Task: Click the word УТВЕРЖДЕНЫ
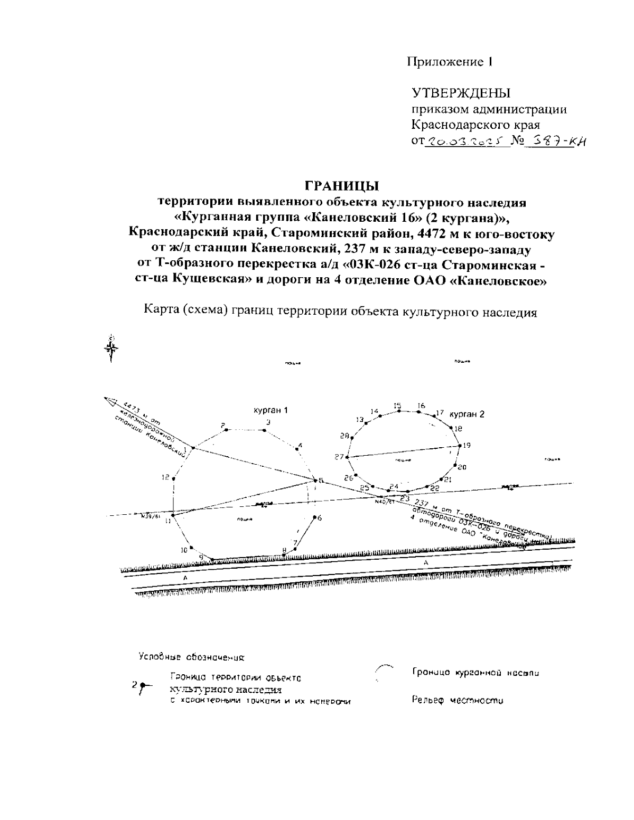point(461,93)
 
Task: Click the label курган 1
point(271,410)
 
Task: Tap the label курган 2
point(467,414)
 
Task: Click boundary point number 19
point(459,445)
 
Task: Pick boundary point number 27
point(348,457)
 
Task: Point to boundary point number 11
point(173,513)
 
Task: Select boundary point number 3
point(264,430)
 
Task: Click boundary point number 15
point(399,411)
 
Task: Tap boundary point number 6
point(315,517)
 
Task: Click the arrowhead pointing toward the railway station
point(111,402)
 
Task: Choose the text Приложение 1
point(450,62)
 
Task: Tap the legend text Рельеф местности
point(457,701)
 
